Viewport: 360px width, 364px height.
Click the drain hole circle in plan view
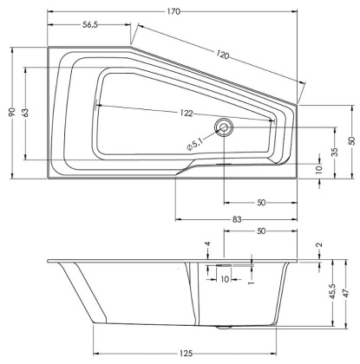pos(226,128)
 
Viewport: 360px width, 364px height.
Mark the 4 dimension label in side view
pos(208,245)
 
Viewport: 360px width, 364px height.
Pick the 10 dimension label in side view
pos(223,279)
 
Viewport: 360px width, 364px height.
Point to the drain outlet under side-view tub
pos(227,328)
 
